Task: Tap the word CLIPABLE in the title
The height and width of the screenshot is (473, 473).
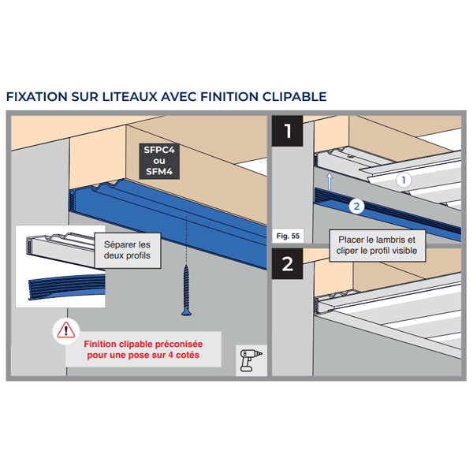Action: point(294,96)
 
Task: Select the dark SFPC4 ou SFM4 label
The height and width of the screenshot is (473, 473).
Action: point(159,161)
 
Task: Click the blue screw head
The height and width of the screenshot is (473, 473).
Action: point(186,312)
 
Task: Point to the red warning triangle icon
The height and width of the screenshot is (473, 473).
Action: point(66,330)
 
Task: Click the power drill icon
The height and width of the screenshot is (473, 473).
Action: point(251,360)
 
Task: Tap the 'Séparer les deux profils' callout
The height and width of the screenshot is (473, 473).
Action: point(127,251)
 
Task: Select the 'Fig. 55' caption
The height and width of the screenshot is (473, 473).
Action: point(288,236)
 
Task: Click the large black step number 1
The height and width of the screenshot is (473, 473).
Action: point(288,131)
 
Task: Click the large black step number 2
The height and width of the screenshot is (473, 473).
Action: point(288,263)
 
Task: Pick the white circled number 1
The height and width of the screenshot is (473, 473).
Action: point(404,180)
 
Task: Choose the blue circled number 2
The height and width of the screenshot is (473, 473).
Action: point(356,207)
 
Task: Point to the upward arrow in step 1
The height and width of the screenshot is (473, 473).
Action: point(330,181)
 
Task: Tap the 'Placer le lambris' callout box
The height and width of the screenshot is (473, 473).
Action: point(377,245)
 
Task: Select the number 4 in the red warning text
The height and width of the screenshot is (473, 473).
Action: point(170,355)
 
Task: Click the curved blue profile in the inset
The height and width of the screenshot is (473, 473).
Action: point(67,288)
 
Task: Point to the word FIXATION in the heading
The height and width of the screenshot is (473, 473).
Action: point(37,96)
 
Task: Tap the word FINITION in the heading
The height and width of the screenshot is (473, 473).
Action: point(229,96)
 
